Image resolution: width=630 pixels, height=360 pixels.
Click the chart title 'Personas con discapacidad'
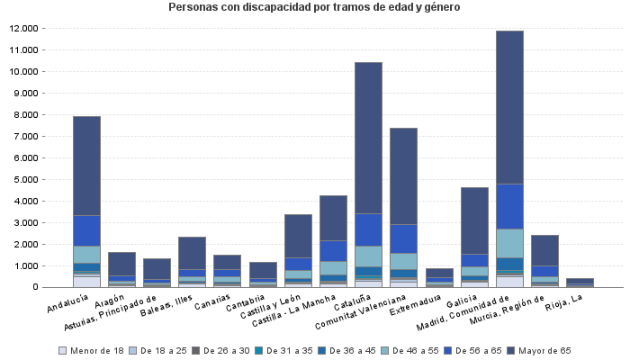point(314,7)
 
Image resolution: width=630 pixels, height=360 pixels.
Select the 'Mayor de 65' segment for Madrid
point(509,107)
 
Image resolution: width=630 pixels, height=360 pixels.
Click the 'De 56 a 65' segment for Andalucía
point(86,230)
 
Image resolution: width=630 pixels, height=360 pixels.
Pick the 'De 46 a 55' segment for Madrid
point(509,243)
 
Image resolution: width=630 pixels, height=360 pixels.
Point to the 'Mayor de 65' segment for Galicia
point(474,220)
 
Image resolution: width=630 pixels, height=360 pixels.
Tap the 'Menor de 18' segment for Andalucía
point(86,282)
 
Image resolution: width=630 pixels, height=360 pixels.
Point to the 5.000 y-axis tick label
point(25,179)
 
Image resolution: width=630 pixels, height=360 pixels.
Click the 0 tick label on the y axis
point(36,287)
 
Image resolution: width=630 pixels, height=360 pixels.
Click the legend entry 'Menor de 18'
point(91,350)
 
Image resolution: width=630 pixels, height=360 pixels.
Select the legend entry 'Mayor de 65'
point(539,350)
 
